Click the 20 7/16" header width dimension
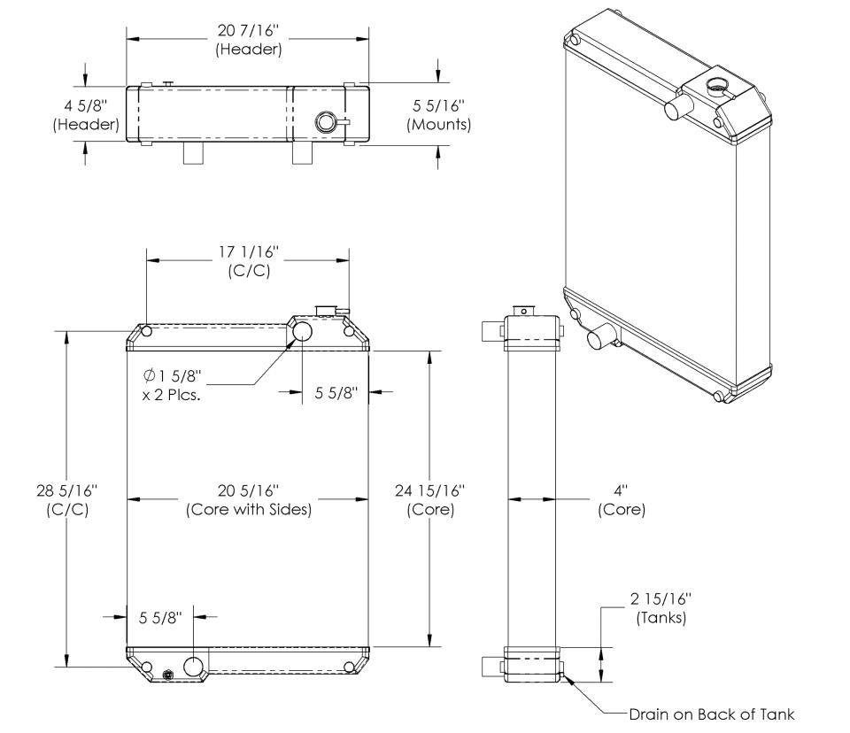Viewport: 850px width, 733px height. click(x=249, y=30)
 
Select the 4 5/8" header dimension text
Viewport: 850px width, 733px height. click(x=86, y=105)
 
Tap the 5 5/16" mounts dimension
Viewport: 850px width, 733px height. click(x=439, y=105)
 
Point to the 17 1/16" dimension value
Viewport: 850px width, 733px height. click(x=249, y=251)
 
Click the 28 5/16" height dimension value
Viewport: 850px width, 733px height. click(x=66, y=490)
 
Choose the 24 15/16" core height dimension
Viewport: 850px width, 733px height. click(x=430, y=490)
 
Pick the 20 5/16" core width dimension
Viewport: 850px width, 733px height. click(x=248, y=490)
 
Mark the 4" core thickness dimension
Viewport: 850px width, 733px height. click(x=620, y=490)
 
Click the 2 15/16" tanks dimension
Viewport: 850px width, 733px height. click(x=661, y=598)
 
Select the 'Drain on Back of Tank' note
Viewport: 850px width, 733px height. click(x=711, y=714)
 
